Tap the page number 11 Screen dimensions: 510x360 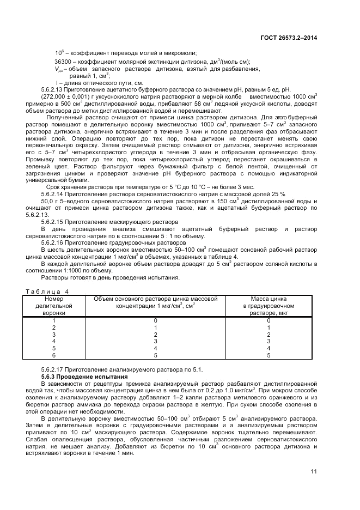coord(314,472)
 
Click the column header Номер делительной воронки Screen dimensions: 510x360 coord(54,306)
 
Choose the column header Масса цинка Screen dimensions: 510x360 coord(268,299)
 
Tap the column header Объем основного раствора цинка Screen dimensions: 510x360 coord(155,299)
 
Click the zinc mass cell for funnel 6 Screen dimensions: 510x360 coord(268,355)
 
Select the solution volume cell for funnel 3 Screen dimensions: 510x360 coord(155,335)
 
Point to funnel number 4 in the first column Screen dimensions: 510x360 coord(54,342)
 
